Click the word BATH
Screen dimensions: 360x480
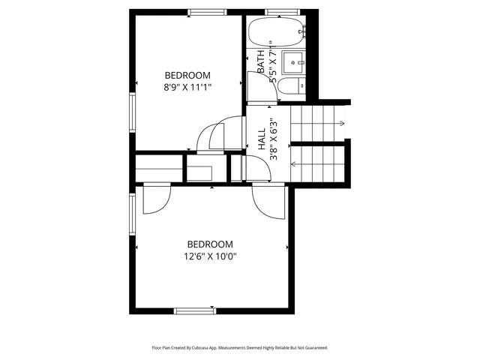tap(261, 60)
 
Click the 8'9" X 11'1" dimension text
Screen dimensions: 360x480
tap(187, 87)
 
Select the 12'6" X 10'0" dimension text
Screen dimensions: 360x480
tap(210, 256)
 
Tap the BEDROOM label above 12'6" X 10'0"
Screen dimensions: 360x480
tap(210, 244)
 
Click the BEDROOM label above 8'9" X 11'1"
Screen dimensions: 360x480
tap(187, 75)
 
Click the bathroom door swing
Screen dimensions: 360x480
tap(255, 85)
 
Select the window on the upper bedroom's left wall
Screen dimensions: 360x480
tap(132, 112)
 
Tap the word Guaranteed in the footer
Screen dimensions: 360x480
tap(313, 348)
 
